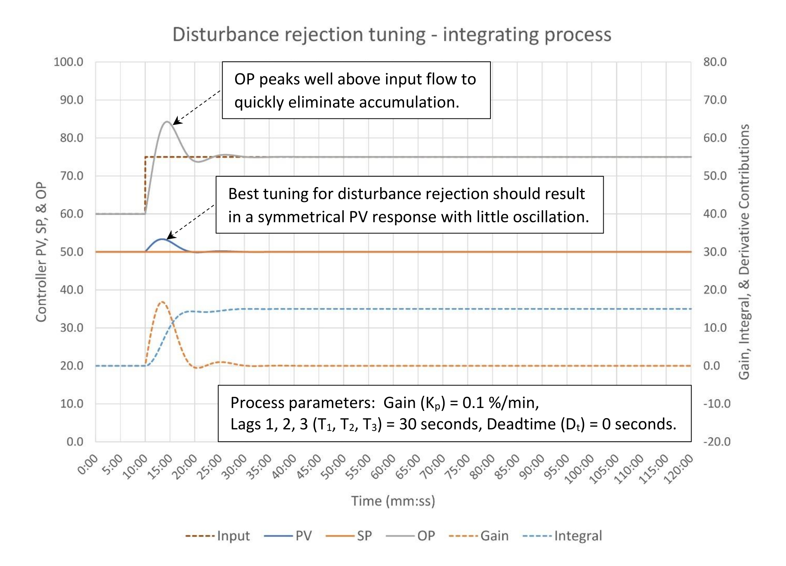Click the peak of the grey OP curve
pyautogui.click(x=167, y=122)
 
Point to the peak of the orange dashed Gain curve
pyautogui.click(x=162, y=302)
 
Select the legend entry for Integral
pyautogui.click(x=578, y=536)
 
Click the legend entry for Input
pyautogui.click(x=233, y=536)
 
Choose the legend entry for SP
pyautogui.click(x=364, y=536)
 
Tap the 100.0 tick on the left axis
pyautogui.click(x=68, y=62)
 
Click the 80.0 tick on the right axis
pyautogui.click(x=715, y=62)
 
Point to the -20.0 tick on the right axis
pyautogui.click(x=717, y=442)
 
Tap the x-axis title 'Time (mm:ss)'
pyautogui.click(x=393, y=501)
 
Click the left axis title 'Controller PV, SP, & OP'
pyautogui.click(x=41, y=252)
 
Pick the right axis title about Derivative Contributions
pyautogui.click(x=744, y=252)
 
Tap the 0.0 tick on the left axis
pyautogui.click(x=75, y=442)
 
